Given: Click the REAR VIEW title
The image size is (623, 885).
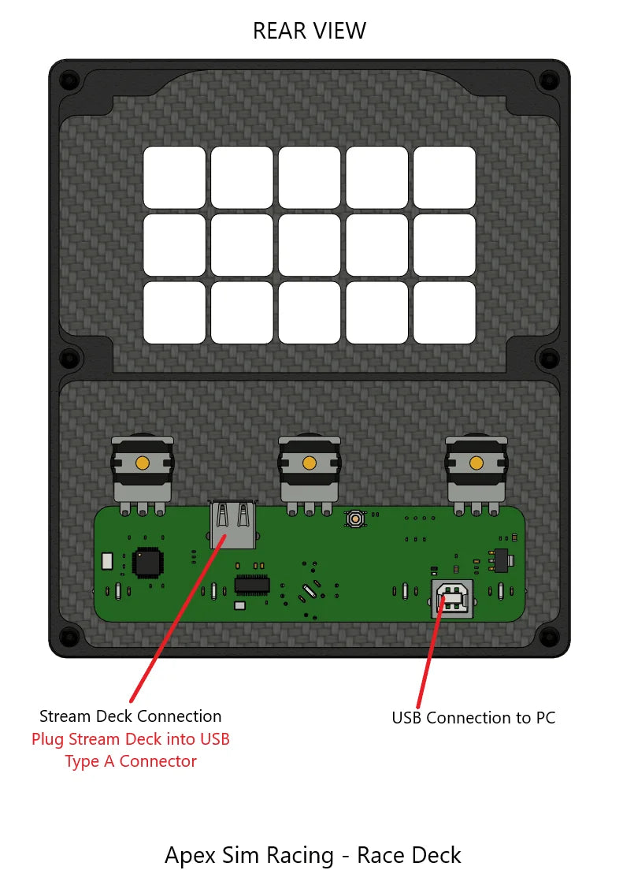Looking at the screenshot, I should [x=309, y=31].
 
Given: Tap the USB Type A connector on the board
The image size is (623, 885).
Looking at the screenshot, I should [x=234, y=524].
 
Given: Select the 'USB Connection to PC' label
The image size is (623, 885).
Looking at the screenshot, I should [x=473, y=718].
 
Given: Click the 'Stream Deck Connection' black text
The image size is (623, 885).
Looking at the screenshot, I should [x=130, y=716].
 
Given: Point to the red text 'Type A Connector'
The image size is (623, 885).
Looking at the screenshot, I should [x=130, y=761].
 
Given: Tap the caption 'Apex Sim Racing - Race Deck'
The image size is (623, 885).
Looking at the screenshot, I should [x=313, y=855].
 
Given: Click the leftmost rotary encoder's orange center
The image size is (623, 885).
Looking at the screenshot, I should [x=143, y=463].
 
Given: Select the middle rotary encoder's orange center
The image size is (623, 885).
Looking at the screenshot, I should [x=310, y=463].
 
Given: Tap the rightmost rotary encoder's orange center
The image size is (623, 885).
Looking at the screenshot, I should [x=476, y=463].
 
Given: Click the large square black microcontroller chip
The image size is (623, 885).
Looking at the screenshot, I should [x=148, y=562].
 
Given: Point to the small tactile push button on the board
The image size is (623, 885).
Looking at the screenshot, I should [x=357, y=519].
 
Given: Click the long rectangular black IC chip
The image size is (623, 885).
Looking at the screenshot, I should [x=252, y=585].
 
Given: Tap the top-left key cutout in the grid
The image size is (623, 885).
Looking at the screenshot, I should [x=174, y=177].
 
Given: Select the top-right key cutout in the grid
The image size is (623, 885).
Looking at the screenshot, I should [x=444, y=177].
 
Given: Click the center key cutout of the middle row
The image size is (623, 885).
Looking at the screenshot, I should [x=310, y=245].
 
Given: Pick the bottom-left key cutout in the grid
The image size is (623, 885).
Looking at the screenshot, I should [x=174, y=313].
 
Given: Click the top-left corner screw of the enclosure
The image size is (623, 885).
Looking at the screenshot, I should [x=69, y=80].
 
